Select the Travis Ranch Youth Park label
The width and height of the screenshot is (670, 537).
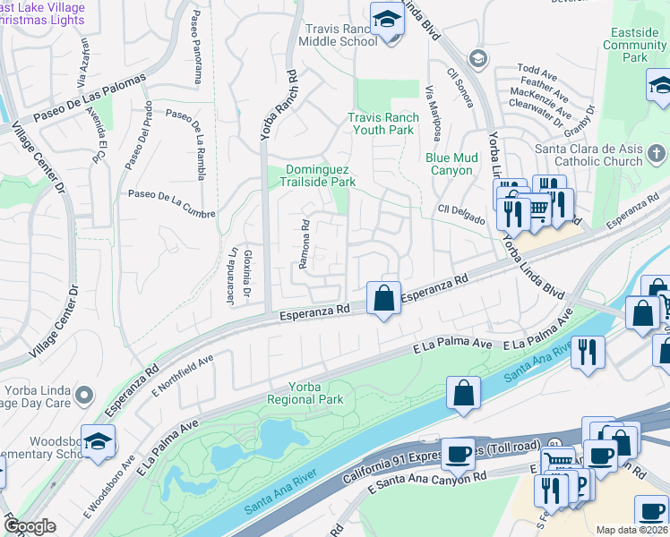pos(381,124)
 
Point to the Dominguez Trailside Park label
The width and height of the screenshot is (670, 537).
pos(321,175)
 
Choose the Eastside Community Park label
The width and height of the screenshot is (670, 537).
pos(635,45)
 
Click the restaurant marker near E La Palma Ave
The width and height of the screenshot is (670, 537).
pos(588,350)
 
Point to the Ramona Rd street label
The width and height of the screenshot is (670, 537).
pos(304,243)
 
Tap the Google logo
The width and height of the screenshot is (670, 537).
pos(30,526)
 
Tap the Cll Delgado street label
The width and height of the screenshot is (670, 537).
pos(461,215)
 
